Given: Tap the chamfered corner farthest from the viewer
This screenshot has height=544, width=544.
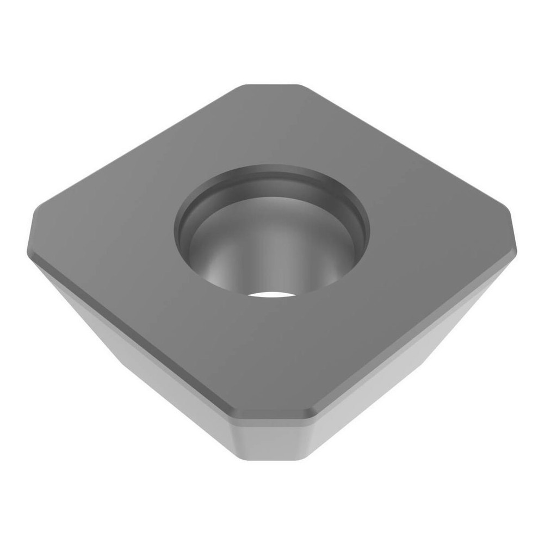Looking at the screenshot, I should pyautogui.click(x=271, y=86).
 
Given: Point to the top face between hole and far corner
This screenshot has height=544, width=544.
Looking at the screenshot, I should pyautogui.click(x=272, y=125).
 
